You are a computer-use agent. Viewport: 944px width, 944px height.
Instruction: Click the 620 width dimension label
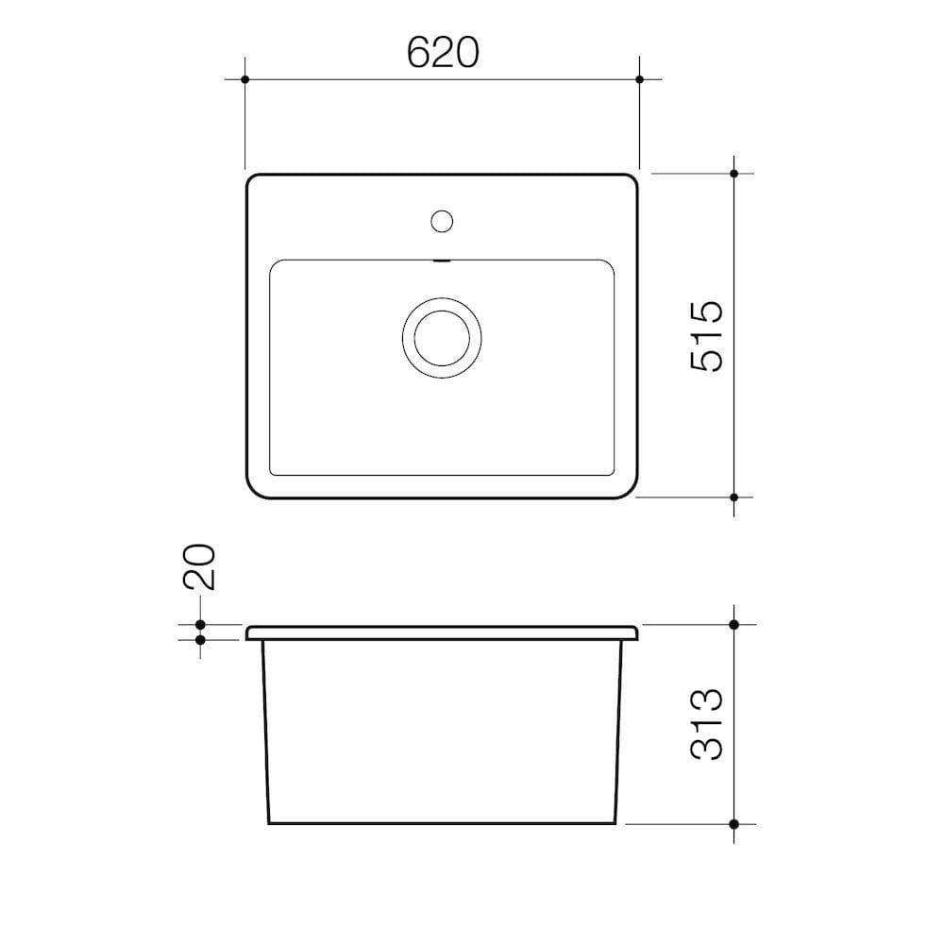coord(443,52)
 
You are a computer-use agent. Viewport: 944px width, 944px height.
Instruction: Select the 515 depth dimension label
coord(706,335)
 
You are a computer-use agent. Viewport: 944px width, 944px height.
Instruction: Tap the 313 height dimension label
coord(706,724)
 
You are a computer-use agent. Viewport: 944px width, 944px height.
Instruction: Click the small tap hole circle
coord(442,222)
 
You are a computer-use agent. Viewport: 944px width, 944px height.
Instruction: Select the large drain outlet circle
coord(442,337)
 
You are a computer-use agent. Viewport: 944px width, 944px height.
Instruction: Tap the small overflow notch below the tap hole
coord(442,261)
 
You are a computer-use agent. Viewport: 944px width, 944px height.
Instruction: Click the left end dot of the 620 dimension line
coord(244,79)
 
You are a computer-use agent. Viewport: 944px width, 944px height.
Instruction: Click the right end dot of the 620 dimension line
coord(639,79)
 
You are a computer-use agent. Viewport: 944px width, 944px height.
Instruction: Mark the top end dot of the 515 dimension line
coord(734,174)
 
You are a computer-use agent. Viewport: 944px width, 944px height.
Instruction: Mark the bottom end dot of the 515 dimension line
coord(734,497)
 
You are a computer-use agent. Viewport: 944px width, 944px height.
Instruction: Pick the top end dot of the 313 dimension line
coord(734,625)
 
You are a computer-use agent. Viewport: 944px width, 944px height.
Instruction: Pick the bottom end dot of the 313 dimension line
coord(734,823)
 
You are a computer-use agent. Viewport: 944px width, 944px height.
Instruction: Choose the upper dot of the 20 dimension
coord(200,625)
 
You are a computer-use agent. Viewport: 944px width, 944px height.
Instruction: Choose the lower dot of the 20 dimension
coord(200,640)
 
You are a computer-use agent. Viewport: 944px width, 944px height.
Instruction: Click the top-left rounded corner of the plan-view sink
coord(252,180)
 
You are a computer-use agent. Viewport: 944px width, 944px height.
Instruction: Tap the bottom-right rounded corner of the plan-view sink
coord(631,491)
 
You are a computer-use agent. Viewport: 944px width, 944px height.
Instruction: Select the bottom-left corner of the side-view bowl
coord(270,822)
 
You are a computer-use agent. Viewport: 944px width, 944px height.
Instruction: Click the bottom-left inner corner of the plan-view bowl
coord(274,471)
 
